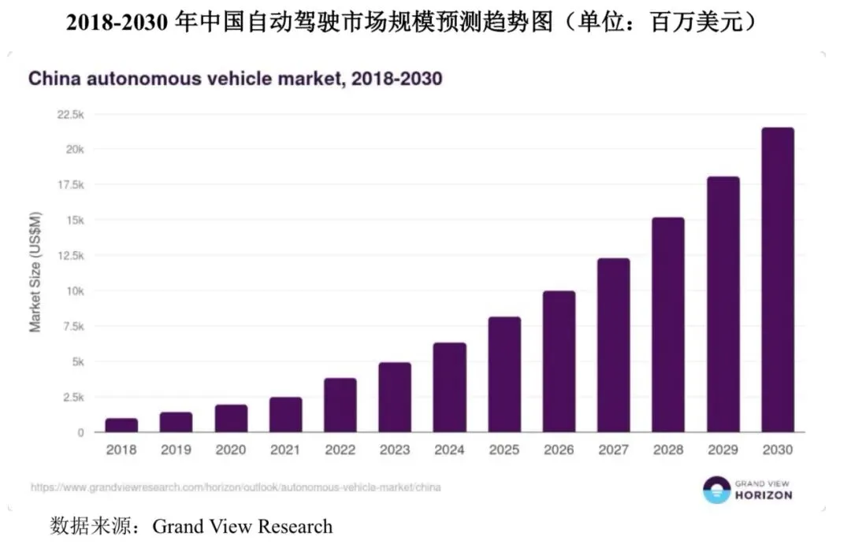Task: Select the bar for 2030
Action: pyautogui.click(x=778, y=279)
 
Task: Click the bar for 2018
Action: pyautogui.click(x=121, y=425)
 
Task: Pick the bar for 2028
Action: pyautogui.click(x=668, y=324)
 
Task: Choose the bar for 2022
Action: pyautogui.click(x=340, y=405)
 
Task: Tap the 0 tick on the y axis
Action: pyautogui.click(x=81, y=433)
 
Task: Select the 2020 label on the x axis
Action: pyautogui.click(x=231, y=450)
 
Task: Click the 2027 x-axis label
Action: pyautogui.click(x=613, y=450)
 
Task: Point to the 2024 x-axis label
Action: pyautogui.click(x=449, y=450)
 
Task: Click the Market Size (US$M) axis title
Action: pyautogui.click(x=35, y=272)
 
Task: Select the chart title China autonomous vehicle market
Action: pyautogui.click(x=235, y=79)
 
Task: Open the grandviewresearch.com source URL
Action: pyautogui.click(x=236, y=487)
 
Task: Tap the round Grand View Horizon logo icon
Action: pyautogui.click(x=717, y=489)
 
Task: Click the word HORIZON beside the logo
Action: pyautogui.click(x=764, y=495)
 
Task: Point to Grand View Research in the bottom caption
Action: pyautogui.click(x=243, y=526)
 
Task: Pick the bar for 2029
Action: pyautogui.click(x=723, y=304)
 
